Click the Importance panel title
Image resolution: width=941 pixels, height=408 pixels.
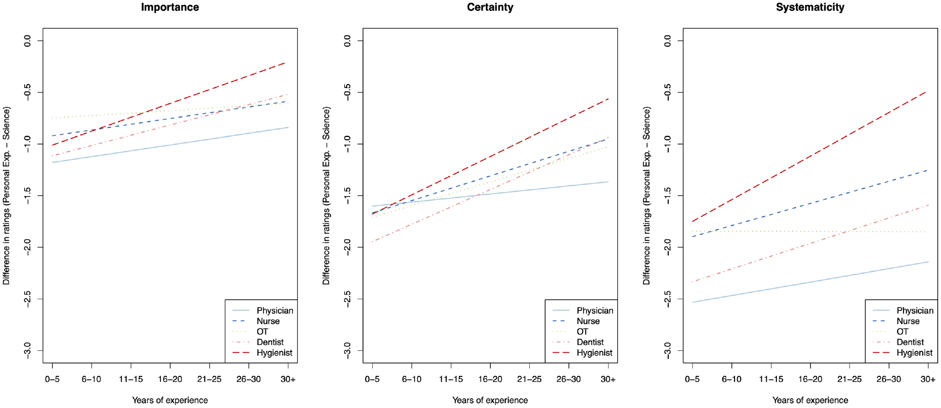(170, 7)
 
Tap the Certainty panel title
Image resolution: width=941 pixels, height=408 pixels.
(490, 7)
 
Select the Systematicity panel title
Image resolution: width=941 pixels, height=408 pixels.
(810, 7)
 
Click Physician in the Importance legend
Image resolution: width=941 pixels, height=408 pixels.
(275, 311)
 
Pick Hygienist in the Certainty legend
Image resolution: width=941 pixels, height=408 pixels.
(594, 353)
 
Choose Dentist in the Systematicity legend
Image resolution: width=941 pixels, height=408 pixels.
(910, 342)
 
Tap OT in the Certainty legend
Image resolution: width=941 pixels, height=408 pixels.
(582, 332)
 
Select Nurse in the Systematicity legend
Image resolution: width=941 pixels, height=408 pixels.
(908, 321)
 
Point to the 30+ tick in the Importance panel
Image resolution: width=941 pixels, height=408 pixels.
(288, 379)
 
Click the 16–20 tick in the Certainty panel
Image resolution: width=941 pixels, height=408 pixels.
(490, 379)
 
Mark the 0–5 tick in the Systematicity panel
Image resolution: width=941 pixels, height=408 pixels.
(692, 379)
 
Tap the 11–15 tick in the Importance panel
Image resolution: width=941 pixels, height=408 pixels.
(131, 379)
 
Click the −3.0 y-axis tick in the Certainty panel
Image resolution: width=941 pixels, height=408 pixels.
(347, 350)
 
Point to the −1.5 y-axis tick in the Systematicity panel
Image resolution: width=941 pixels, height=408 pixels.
(667, 195)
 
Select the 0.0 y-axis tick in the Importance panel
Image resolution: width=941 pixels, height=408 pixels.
(27, 40)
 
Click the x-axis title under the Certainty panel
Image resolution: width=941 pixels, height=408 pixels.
(490, 400)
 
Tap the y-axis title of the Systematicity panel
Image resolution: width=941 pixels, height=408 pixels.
(647, 195)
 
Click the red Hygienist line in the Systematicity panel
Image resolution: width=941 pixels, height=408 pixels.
(810, 157)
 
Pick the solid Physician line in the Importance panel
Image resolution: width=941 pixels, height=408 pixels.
(170, 145)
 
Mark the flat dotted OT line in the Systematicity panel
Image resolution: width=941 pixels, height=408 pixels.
(810, 231)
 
